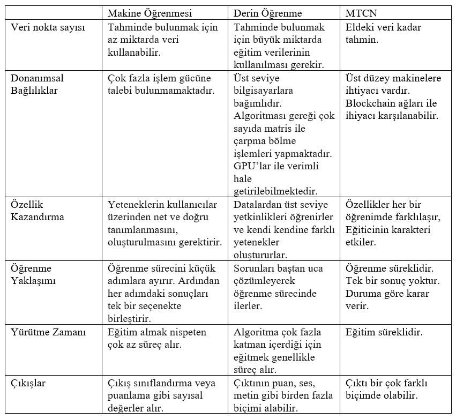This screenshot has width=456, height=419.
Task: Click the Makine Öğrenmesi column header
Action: click(149, 13)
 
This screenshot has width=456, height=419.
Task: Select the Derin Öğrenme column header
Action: click(268, 13)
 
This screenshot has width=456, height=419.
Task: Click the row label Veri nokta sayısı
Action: click(48, 27)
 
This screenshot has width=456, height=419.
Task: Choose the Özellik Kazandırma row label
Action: click(38, 211)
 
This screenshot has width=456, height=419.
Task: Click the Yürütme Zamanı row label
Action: click(48, 332)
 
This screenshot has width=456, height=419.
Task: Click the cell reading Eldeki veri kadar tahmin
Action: click(383, 33)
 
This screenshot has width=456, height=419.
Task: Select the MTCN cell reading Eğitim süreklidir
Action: click(384, 332)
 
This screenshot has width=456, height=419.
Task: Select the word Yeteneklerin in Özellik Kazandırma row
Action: click(138, 205)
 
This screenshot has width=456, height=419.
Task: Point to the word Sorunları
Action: click(255, 268)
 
